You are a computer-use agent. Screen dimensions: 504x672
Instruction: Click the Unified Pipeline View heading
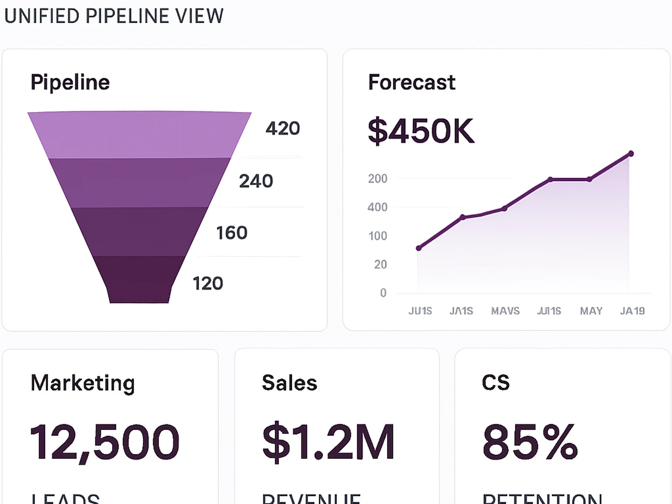pos(113,16)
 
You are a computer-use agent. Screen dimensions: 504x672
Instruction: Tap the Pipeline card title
pos(70,82)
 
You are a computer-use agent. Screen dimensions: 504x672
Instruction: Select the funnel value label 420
pos(283,129)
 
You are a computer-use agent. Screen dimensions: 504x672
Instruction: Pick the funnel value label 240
pos(256,181)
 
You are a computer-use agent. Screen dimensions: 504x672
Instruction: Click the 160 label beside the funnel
pos(231,233)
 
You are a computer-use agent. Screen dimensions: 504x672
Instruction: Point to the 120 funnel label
pos(207,283)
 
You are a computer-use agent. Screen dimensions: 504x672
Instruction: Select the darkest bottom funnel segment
pos(139,279)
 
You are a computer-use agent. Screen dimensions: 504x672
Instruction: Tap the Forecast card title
pos(412,82)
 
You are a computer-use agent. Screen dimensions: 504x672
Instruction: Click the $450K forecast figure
pos(421,131)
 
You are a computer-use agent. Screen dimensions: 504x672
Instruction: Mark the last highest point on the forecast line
pos(630,154)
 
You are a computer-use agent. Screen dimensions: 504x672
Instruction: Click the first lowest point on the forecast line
pos(419,248)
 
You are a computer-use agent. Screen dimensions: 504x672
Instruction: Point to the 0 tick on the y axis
pos(383,293)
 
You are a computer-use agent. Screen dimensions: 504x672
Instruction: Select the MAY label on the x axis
pos(591,311)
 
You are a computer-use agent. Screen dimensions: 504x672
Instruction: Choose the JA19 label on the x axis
pos(632,311)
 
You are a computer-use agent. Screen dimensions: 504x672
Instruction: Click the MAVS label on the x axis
pos(505,311)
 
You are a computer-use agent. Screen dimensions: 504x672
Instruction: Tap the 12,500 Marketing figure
pos(105,442)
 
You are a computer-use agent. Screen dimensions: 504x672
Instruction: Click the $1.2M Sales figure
pos(328,442)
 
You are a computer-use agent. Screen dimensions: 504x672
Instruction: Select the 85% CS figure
pos(530,442)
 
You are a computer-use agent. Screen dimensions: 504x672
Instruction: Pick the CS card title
pos(496,383)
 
